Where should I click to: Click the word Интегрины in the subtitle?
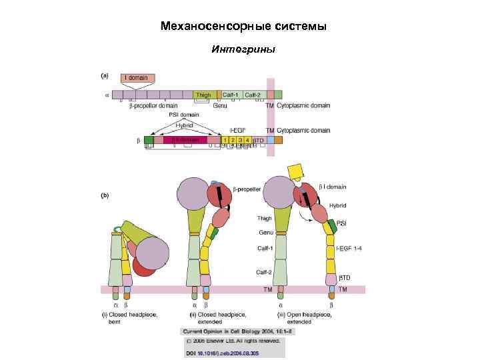pos(243,49)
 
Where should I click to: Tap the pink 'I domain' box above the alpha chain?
pos(138,78)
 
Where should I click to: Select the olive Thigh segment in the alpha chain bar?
pos(203,95)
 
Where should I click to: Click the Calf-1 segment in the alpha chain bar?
pos(231,95)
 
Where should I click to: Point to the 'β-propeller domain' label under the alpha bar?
pos(153,105)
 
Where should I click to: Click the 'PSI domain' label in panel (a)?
pos(184,115)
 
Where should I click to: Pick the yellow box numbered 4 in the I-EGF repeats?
pos(247,140)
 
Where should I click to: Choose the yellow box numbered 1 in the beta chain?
pos(226,140)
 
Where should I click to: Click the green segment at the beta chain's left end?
pos(149,140)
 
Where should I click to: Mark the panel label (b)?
pos(105,196)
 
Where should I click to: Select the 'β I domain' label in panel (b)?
pos(332,187)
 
